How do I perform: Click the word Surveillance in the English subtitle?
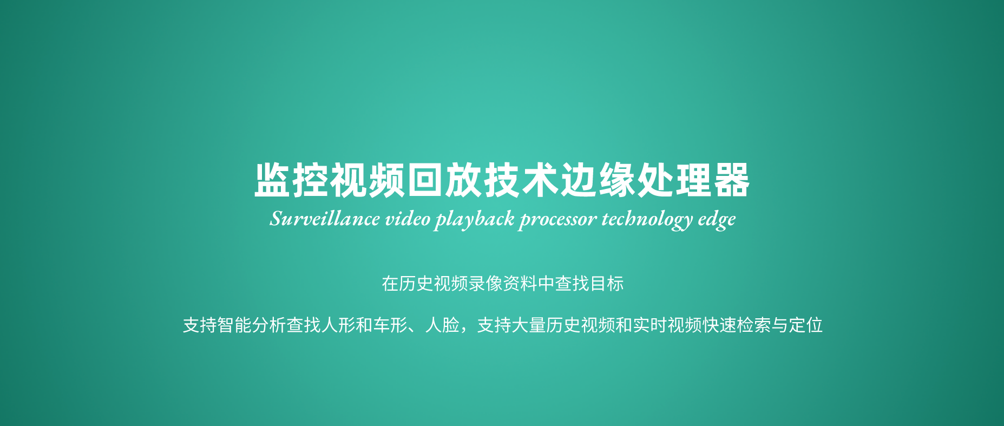point(325,219)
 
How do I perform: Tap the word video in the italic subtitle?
point(408,219)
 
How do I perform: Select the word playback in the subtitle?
point(475,220)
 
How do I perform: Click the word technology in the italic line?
point(647,220)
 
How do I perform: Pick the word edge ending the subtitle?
point(717,220)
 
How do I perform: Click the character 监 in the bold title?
point(273,180)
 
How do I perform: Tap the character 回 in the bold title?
point(425,180)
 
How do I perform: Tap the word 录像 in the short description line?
point(485,284)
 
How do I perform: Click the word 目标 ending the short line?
point(607,284)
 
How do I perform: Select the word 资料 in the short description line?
point(520,284)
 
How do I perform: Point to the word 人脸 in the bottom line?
point(442,325)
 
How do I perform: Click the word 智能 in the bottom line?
point(234,325)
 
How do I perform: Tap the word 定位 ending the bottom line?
point(806,325)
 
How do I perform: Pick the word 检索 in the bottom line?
point(754,325)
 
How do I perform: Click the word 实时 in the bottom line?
point(650,325)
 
